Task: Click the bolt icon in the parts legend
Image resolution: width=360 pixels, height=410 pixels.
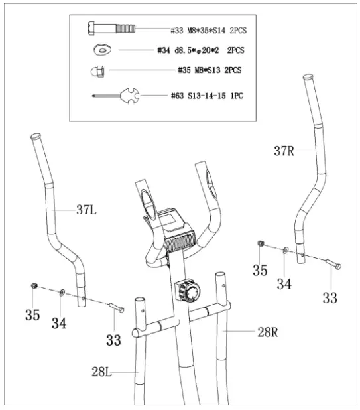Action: pyautogui.click(x=111, y=29)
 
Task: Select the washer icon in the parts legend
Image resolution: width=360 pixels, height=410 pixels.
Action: pyautogui.click(x=103, y=48)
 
